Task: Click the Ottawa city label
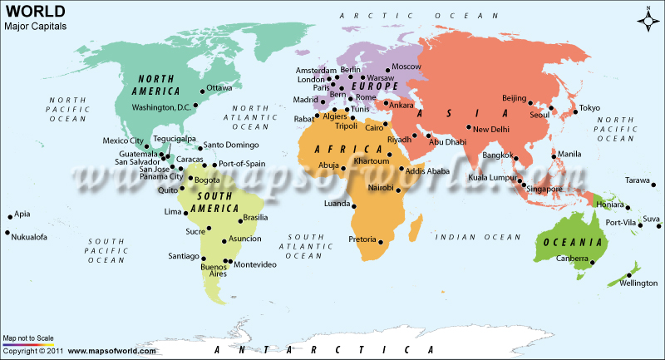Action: coord(220,87)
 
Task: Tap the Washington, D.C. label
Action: coord(163,107)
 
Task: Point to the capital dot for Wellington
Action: coord(630,275)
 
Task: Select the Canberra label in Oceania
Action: coord(572,259)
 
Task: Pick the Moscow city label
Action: coord(406,67)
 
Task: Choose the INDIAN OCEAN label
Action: coord(469,238)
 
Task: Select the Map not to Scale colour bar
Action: coord(29,344)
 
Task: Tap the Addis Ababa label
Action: coord(427,170)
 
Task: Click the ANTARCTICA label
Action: coord(320,350)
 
